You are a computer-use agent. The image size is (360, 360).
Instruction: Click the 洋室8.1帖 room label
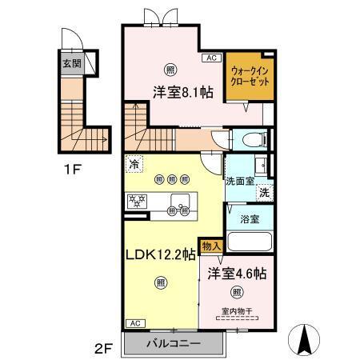[183, 93]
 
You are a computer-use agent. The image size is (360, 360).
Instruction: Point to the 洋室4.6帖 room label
[237, 271]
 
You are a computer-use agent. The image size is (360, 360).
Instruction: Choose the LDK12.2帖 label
[159, 255]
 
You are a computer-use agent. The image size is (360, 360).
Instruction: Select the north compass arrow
[305, 339]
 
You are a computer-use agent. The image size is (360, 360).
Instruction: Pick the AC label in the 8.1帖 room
[212, 58]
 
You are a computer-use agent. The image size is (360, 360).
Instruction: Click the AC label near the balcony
[134, 322]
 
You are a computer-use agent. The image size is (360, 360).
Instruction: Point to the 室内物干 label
[237, 312]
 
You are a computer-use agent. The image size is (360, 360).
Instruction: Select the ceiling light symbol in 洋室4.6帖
[237, 292]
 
